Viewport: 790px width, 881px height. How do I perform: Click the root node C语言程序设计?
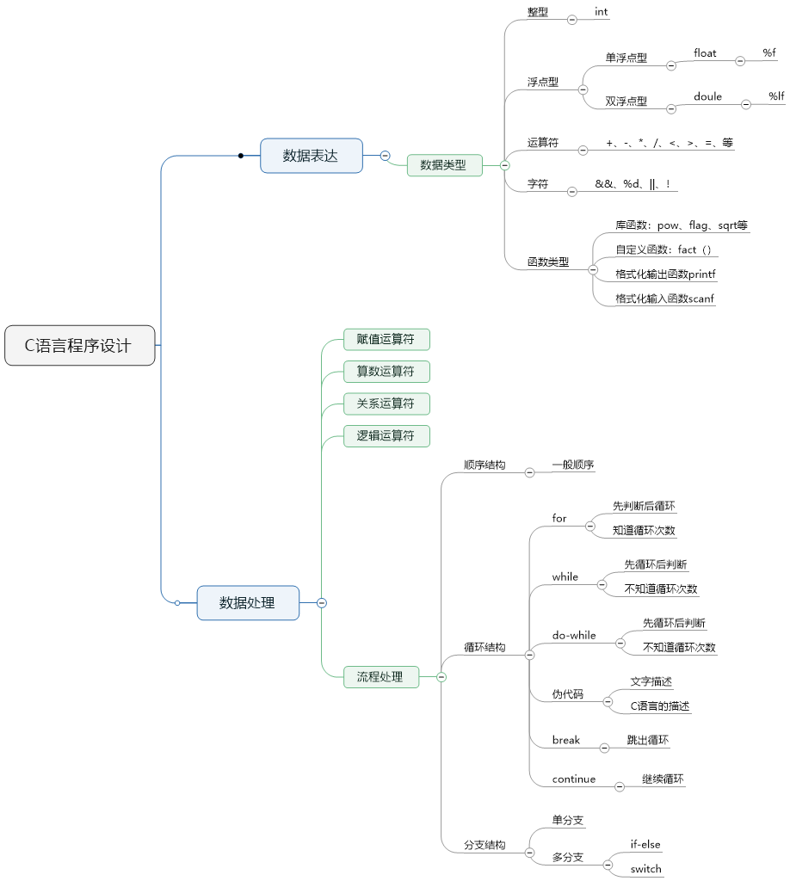click(x=79, y=345)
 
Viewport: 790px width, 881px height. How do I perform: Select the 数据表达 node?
click(x=311, y=156)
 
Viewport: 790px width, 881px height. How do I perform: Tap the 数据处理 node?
click(x=247, y=602)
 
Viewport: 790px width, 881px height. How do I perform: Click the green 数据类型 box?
click(x=443, y=164)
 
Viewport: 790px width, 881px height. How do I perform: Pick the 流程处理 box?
click(x=380, y=677)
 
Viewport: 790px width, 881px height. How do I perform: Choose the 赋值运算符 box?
click(x=386, y=339)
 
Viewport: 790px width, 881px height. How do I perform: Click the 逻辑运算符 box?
click(x=386, y=435)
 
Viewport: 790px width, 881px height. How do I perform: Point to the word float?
click(x=705, y=53)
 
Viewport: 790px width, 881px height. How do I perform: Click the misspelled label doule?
click(x=707, y=96)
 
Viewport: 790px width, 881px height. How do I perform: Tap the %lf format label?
click(x=776, y=96)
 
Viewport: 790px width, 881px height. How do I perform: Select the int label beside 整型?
click(x=602, y=12)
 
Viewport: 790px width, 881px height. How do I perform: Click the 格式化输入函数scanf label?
click(x=664, y=299)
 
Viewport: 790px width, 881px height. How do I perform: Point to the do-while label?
click(x=574, y=635)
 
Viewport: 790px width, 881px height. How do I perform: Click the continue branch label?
click(x=574, y=779)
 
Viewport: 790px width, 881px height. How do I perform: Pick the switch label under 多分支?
click(x=645, y=868)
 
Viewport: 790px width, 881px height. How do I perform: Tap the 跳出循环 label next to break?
click(x=648, y=740)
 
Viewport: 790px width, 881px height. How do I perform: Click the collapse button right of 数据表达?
click(x=385, y=156)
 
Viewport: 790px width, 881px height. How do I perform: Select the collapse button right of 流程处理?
click(x=441, y=677)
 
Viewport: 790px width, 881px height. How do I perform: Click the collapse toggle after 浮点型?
click(x=583, y=89)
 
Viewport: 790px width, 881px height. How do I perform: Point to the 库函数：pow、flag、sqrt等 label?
click(x=681, y=225)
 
